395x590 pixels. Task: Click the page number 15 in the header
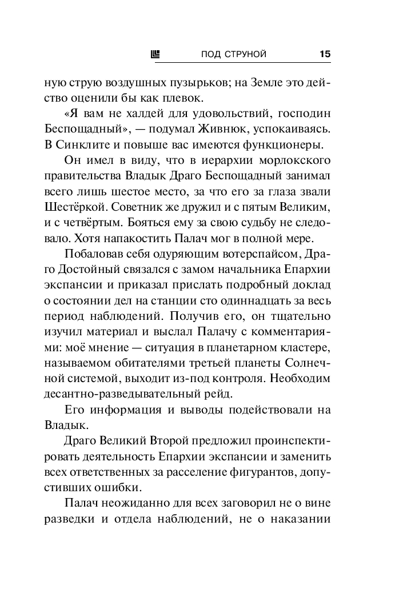click(x=325, y=55)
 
